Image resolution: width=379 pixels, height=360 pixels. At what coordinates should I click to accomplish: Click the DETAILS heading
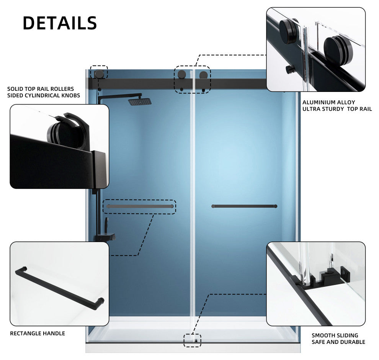pos(60,23)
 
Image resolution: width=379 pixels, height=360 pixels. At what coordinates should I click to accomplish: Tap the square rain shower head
pos(140,101)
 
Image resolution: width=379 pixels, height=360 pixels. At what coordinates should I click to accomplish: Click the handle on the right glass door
pos(244,206)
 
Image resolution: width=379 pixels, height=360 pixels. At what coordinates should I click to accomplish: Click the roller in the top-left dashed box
pos(99,74)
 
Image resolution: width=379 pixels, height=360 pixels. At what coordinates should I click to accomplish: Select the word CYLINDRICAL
pos(42,95)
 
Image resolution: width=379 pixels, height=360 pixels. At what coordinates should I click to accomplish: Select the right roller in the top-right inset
pos(338,47)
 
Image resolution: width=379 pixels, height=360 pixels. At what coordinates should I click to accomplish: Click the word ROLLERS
pos(63,89)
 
